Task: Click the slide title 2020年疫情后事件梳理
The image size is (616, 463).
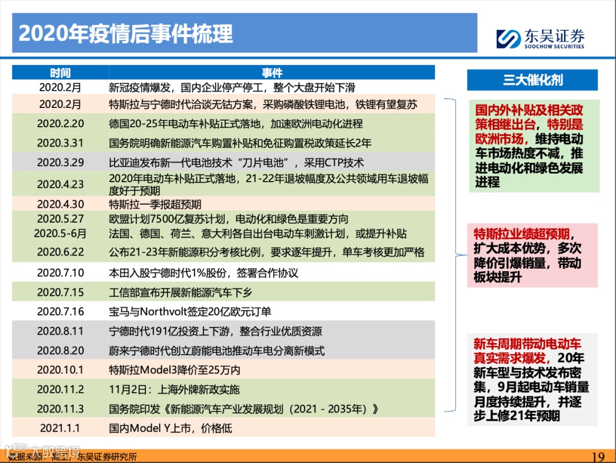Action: [126, 34]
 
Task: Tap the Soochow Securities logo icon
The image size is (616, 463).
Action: [508, 39]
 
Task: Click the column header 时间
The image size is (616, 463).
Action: [60, 73]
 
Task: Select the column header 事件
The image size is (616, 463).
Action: [272, 73]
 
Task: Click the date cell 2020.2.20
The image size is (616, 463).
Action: [60, 123]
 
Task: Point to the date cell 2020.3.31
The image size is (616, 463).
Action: [60, 143]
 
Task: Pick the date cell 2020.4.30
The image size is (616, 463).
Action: [60, 204]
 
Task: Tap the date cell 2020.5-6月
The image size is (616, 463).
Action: [60, 233]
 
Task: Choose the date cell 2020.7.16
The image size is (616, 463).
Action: [60, 311]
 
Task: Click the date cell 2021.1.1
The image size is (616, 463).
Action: [60, 428]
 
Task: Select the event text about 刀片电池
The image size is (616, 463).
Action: [236, 162]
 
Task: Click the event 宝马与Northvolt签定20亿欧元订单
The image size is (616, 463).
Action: [190, 311]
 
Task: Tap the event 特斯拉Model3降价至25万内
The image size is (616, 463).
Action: [175, 369]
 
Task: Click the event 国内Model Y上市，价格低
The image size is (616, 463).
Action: [171, 428]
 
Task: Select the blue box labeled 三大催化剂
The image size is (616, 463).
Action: [532, 80]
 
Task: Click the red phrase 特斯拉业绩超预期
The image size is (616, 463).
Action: [521, 234]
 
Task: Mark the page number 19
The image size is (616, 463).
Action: [598, 456]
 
